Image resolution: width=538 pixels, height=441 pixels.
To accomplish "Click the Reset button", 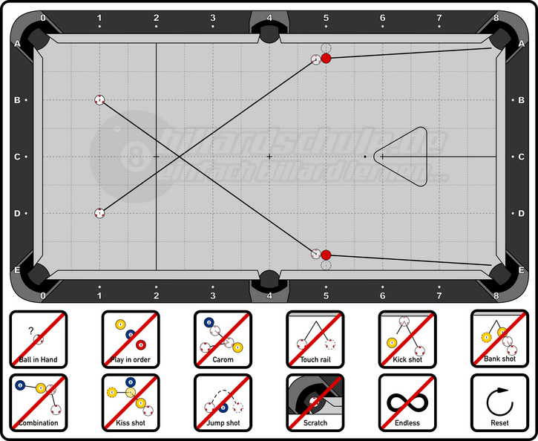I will coord(499,402).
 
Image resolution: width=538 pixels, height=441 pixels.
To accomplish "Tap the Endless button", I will coord(407,402).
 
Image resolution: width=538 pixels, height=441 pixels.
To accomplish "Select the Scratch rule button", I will coord(315,402).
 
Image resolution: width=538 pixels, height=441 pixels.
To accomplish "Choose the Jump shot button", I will coord(223,402).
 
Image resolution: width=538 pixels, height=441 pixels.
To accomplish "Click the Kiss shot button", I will coord(131,402).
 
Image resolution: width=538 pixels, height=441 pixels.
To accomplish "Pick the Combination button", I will coord(39,402).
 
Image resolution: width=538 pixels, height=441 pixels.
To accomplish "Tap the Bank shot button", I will coord(499,339).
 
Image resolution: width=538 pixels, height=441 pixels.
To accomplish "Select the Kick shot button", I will coord(407,339).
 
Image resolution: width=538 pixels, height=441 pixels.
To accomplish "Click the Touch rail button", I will coord(315,339).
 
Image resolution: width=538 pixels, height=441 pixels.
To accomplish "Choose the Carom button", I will coord(223,339).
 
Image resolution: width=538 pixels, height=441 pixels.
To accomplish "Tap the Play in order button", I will coord(131,339).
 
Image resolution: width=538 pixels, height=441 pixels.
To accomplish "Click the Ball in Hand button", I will coord(39,339).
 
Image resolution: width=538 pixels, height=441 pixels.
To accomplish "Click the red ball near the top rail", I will coord(326,59).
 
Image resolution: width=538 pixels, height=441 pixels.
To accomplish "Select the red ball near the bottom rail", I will coord(326,255).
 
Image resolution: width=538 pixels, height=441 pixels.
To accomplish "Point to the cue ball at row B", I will coord(99,99).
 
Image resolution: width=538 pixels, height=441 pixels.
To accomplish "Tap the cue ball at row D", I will coord(99,213).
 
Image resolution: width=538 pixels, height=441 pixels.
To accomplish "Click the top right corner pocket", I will coord(499,38).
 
